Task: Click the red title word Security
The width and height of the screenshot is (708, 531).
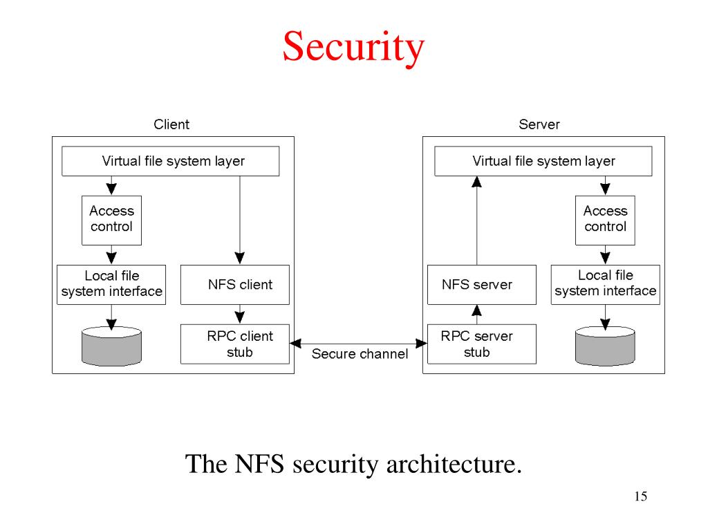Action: [353, 48]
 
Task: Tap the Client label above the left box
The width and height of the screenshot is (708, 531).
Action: [171, 124]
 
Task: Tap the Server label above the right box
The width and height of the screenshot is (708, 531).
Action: [539, 124]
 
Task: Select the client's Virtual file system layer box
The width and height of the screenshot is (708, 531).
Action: [171, 161]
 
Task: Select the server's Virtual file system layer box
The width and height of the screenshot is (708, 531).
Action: [543, 161]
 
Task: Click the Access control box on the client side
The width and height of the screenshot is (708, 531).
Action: [111, 220]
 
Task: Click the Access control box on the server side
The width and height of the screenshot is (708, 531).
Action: [605, 220]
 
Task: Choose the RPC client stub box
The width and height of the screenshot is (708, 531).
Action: [234, 344]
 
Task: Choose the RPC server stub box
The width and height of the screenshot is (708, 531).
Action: [481, 344]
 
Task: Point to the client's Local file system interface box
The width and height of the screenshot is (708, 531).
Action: [111, 284]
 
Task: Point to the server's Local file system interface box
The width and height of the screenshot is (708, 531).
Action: [605, 284]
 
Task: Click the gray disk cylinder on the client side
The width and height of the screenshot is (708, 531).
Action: [111, 346]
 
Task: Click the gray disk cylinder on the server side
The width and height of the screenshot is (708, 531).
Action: [605, 346]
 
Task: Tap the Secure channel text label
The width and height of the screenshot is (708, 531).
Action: [360, 354]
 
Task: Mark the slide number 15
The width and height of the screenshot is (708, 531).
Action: [640, 496]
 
